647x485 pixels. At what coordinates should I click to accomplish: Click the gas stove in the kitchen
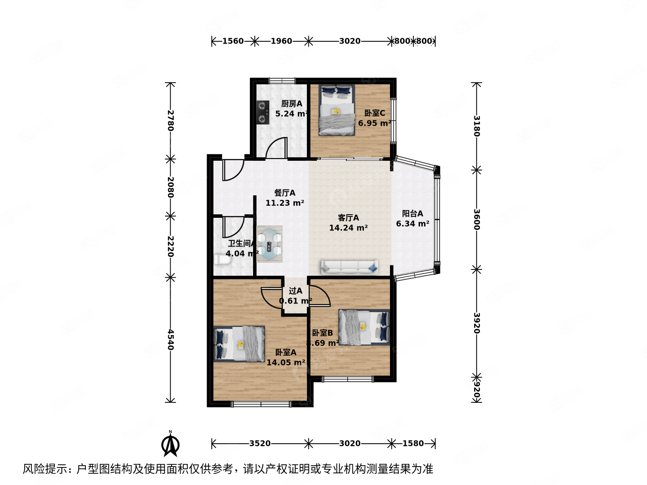[x=262, y=112]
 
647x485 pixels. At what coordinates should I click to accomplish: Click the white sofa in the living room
[x=349, y=267]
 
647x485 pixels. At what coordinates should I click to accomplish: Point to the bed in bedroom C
[x=337, y=110]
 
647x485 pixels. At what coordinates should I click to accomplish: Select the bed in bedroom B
[x=363, y=327]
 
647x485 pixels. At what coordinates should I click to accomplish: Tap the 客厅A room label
[x=348, y=218]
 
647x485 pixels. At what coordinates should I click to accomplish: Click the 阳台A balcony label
[x=412, y=214]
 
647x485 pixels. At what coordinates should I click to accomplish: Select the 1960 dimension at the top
[x=281, y=41]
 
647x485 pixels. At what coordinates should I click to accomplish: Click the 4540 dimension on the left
[x=170, y=339]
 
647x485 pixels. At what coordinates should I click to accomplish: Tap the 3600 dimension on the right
[x=477, y=219]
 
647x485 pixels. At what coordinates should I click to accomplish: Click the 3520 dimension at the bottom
[x=260, y=444]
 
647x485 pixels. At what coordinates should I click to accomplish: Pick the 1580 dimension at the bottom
[x=413, y=444]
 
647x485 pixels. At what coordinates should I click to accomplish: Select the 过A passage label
[x=295, y=291]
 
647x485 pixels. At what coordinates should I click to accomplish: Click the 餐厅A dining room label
[x=285, y=193]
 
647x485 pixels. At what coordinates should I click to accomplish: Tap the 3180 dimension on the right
[x=477, y=126]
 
